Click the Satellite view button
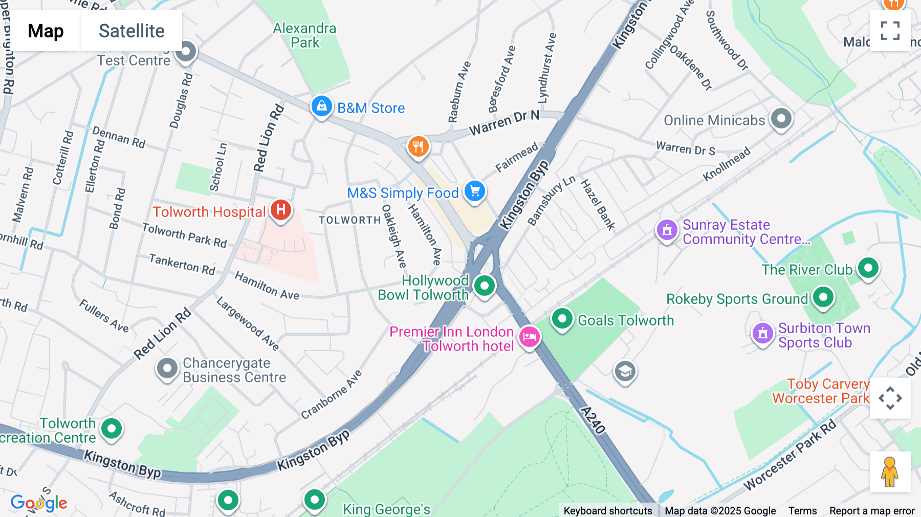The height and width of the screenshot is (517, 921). [x=131, y=31]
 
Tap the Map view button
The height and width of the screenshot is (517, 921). [x=46, y=31]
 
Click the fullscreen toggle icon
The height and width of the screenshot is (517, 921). [x=890, y=31]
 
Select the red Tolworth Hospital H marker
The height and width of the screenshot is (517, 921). [x=280, y=210]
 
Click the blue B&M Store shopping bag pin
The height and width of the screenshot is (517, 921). [x=322, y=106]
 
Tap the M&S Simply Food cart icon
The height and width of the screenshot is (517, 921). [x=475, y=191]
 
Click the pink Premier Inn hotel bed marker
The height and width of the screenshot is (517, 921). [x=530, y=337]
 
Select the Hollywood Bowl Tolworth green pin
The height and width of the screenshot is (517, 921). [x=484, y=286]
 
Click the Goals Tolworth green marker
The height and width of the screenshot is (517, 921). [x=562, y=319]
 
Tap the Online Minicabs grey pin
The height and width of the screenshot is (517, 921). [x=781, y=119]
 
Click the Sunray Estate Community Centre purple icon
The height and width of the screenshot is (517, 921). [x=667, y=230]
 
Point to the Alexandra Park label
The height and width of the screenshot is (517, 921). [x=304, y=35]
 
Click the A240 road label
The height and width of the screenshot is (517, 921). [x=594, y=420]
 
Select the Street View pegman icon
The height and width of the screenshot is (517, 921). [x=890, y=472]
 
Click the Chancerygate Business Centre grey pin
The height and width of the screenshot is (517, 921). [x=167, y=369]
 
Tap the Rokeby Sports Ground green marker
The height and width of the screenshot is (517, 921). [x=823, y=297]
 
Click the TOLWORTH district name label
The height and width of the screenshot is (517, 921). [x=350, y=220]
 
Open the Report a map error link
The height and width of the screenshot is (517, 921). [x=872, y=511]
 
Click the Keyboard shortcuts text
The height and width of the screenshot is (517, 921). [x=607, y=511]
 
